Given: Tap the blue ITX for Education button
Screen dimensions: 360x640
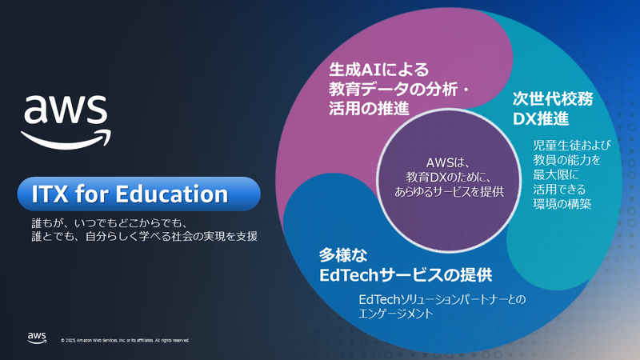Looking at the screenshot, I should tap(141, 194).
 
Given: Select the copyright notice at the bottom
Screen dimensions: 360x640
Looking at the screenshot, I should tap(126, 340).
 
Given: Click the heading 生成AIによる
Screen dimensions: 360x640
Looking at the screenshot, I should tap(379, 70).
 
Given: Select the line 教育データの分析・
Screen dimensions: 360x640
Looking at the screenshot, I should tap(398, 89).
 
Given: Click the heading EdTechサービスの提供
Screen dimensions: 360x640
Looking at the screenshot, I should tap(405, 276).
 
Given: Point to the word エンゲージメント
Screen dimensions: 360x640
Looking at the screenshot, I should tap(396, 314).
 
